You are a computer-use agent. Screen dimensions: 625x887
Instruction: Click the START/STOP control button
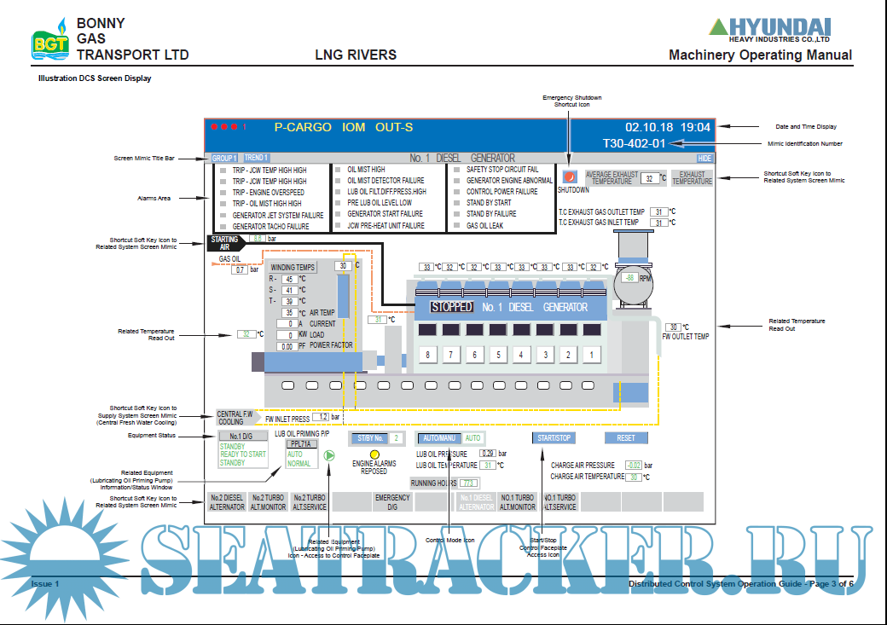coord(554,438)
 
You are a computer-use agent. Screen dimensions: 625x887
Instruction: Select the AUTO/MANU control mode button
coord(438,438)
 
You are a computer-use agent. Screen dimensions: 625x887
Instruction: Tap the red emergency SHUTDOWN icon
coord(571,177)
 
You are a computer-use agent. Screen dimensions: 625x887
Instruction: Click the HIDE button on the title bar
coord(704,158)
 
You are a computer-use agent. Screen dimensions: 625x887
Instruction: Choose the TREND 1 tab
coord(256,158)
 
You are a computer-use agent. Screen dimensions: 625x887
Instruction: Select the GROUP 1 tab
coord(224,158)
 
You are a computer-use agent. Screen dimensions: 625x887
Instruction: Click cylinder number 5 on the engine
coord(496,355)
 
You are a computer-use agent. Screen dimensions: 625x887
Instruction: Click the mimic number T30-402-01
coord(634,144)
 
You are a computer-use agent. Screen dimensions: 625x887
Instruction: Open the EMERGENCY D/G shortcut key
coord(392,502)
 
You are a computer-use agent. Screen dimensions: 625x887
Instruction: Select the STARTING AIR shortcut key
coord(225,243)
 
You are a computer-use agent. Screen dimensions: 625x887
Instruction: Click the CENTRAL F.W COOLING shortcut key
coord(235,417)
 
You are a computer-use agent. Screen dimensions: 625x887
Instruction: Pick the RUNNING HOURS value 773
coord(468,483)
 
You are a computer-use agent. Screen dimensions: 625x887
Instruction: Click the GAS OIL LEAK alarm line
coord(484,226)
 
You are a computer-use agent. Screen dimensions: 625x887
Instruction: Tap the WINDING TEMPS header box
coord(293,267)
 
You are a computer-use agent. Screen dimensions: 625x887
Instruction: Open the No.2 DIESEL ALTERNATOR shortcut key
coord(227,502)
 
